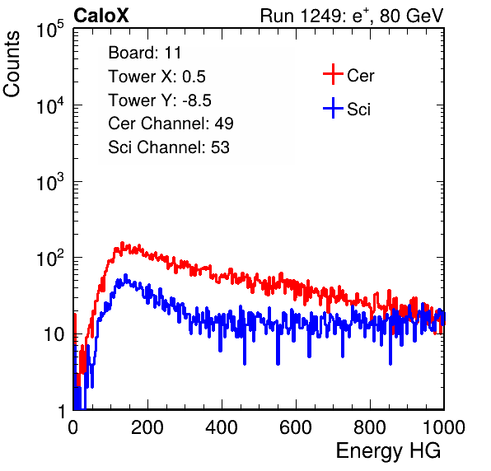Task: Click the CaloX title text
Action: pos(101,16)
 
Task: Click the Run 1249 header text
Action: pos(352,16)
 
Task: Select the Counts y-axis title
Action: pos(12,64)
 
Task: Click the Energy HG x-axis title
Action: pos(388,451)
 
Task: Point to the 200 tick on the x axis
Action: pos(147,427)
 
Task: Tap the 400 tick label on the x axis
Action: pos(222,427)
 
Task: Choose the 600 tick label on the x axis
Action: pos(296,427)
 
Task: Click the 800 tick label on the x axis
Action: pos(370,427)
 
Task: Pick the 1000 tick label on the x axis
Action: pos(444,427)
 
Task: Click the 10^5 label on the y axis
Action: pos(50,30)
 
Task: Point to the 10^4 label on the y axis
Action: pos(50,105)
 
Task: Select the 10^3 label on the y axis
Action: pos(50,182)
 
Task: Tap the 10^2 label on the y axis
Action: pos(50,259)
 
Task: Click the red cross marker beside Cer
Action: pos(333,74)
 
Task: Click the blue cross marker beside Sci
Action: pos(333,109)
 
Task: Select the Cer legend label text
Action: pos(360,76)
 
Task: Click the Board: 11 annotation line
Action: pos(145,53)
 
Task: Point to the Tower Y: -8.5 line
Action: pos(160,100)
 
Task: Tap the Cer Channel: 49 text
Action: pos(171,124)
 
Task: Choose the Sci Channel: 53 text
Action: pos(169,147)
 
